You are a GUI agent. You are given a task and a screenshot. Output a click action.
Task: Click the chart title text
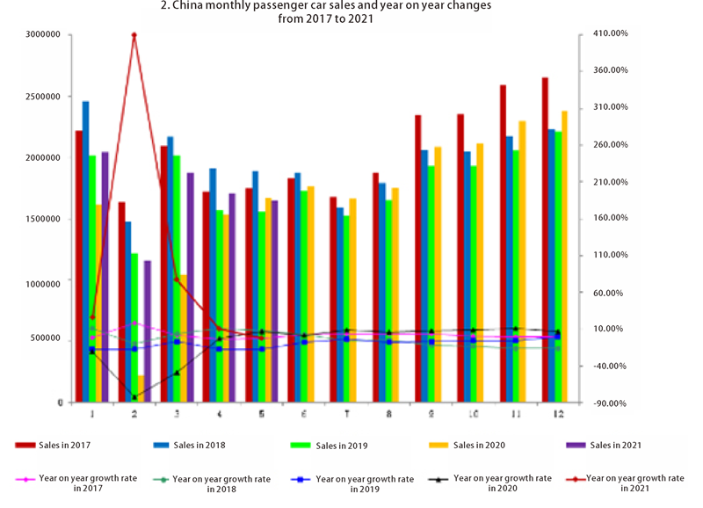[351, 11]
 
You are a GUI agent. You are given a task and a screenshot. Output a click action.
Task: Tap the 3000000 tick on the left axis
[42, 34]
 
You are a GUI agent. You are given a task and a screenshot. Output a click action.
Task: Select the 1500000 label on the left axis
[42, 220]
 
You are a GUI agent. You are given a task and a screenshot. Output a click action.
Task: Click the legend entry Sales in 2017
[63, 445]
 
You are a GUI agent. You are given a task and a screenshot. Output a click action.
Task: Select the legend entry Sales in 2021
[615, 445]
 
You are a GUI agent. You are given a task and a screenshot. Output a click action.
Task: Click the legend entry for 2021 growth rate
[634, 483]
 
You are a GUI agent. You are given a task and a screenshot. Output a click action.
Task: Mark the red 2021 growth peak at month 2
[134, 35]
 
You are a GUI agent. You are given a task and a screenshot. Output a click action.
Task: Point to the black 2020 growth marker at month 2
[134, 397]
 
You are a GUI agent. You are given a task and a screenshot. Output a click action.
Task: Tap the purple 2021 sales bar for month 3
[190, 286]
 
